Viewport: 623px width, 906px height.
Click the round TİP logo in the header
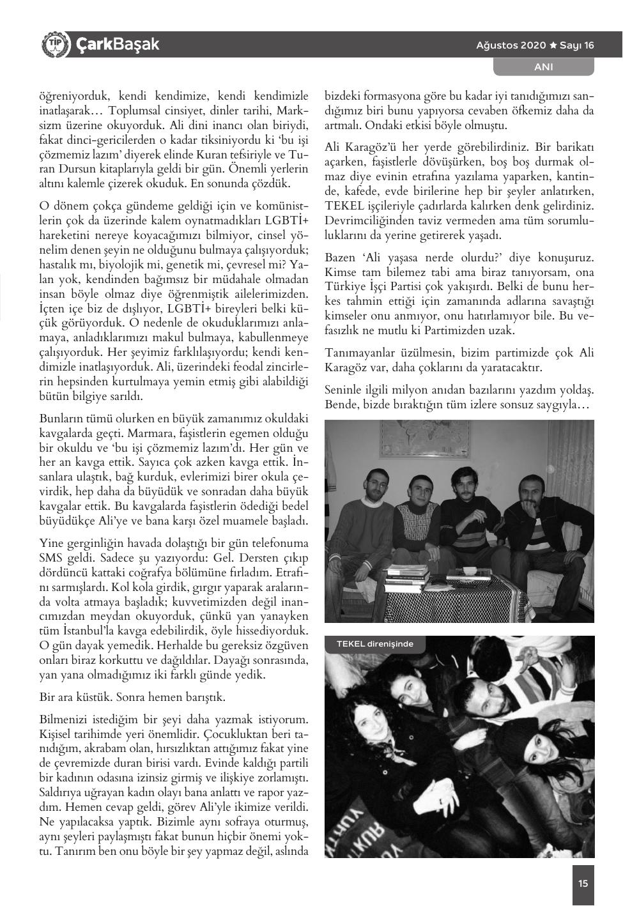[x=54, y=44]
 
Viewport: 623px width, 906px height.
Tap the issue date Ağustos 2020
[x=511, y=45]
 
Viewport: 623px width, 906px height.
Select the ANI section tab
[x=543, y=66]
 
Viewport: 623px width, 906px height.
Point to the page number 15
[x=583, y=884]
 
